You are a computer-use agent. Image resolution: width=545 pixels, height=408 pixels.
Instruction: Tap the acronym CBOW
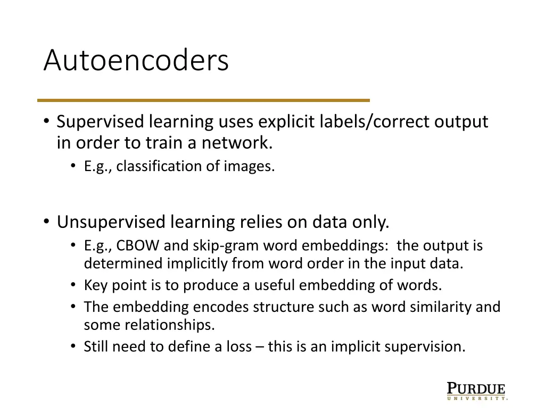138,246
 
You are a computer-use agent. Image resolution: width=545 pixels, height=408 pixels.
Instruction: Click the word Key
94,285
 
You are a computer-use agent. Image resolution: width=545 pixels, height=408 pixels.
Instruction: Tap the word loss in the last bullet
240,347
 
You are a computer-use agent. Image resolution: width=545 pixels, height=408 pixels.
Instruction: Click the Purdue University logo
476,390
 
